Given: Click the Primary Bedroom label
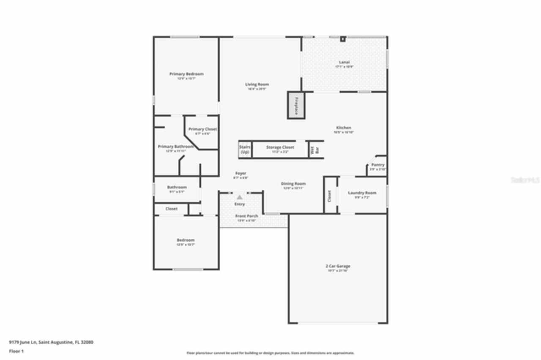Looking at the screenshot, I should coord(186,74).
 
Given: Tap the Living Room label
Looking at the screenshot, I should coord(257,85).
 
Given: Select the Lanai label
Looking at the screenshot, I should coord(344,63).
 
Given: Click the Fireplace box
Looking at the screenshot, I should coord(297,106).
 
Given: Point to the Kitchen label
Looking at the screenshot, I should coord(344,128).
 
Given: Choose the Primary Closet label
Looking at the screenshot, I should coord(202,129).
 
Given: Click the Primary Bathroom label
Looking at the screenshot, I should coord(175,147).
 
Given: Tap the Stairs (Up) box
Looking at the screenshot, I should coord(245,150).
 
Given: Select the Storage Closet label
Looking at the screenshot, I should coord(280,147).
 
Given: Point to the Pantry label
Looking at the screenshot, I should coord(377,165).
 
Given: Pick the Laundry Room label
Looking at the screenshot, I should coord(362,193).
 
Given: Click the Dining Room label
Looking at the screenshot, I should coord(293,184).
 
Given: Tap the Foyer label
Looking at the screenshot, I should coord(240,173).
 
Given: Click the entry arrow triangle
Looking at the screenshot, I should coord(240,197).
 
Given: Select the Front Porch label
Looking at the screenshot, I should coord(246,216).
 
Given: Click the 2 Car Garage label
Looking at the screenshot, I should coord(338,266).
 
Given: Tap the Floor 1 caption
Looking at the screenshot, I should coord(16,351).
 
